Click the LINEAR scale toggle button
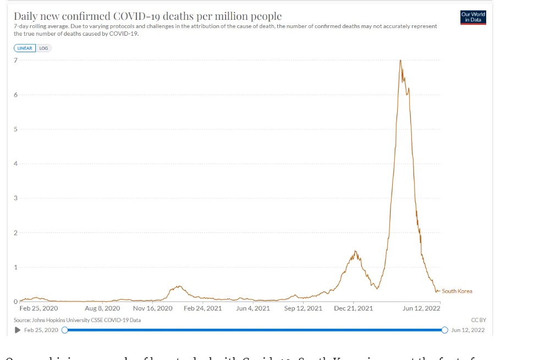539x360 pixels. pyautogui.click(x=25, y=48)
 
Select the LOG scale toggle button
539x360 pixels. pyautogui.click(x=43, y=48)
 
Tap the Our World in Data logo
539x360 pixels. pyautogui.click(x=473, y=17)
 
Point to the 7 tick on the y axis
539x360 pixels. pyautogui.click(x=16, y=60)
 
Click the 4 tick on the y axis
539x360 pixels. pyautogui.click(x=16, y=164)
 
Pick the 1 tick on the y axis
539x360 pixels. pyautogui.click(x=16, y=267)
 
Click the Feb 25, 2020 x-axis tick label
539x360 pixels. pyautogui.click(x=38, y=308)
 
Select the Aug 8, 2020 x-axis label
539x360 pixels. pyautogui.click(x=102, y=308)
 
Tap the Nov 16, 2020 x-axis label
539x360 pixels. pyautogui.click(x=152, y=308)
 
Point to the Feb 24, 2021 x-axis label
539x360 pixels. pyautogui.click(x=202, y=308)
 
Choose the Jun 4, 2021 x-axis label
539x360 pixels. pyautogui.click(x=253, y=308)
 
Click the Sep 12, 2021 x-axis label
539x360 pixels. pyautogui.click(x=303, y=308)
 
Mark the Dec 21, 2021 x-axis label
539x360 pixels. pyautogui.click(x=353, y=308)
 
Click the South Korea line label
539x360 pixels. pyautogui.click(x=457, y=291)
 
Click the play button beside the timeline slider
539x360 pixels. pyautogui.click(x=18, y=330)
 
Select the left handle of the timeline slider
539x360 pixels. pyautogui.click(x=65, y=330)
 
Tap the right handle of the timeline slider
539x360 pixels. pyautogui.click(x=444, y=330)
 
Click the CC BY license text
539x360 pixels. pyautogui.click(x=479, y=320)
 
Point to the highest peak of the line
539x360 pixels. pyautogui.click(x=400, y=60)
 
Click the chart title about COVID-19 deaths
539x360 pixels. pyautogui.click(x=147, y=16)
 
